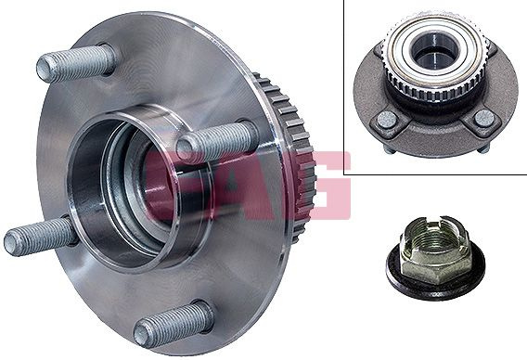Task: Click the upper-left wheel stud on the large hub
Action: click(76, 63)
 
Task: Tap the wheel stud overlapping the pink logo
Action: click(217, 140)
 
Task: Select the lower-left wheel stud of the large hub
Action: click(41, 236)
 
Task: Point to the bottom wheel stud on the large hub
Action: click(174, 324)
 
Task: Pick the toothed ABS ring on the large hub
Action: click(296, 151)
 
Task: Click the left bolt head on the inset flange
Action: click(388, 121)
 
